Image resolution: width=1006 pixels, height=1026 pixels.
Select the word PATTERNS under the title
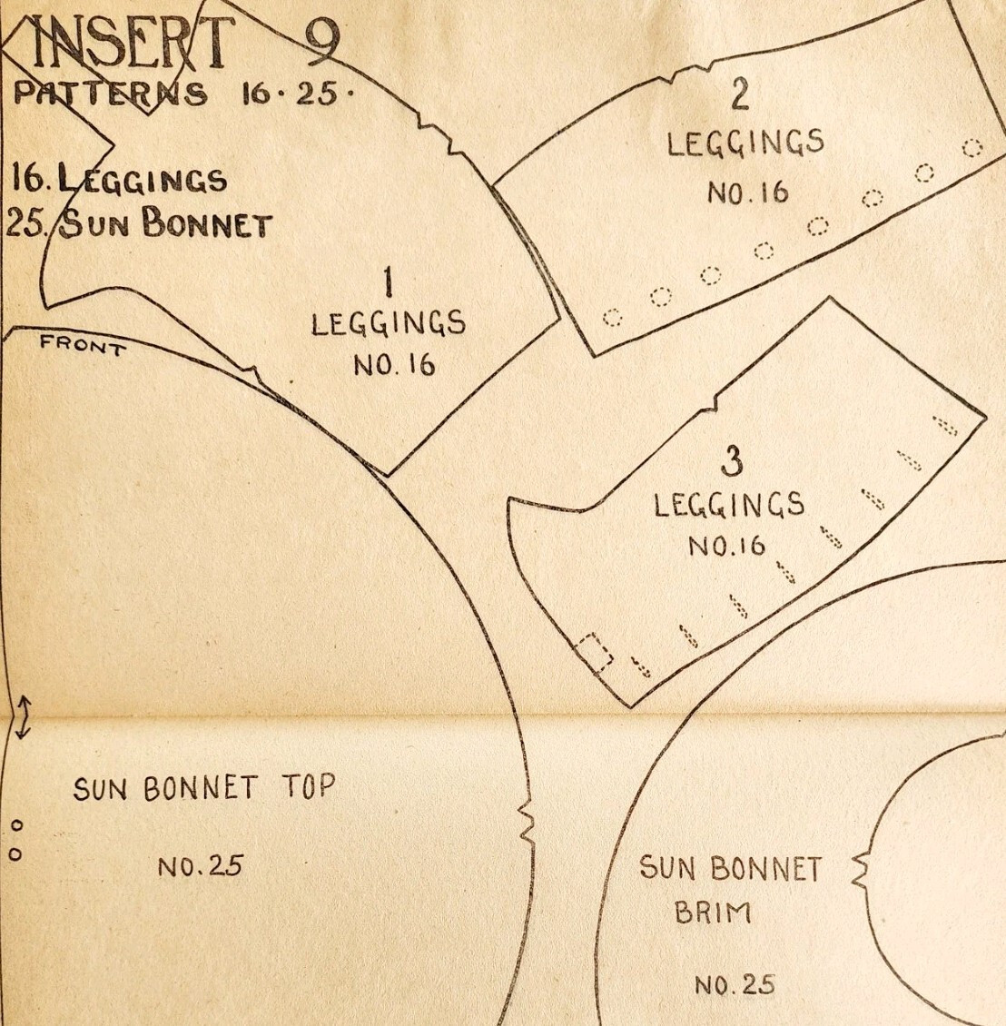[x=110, y=94]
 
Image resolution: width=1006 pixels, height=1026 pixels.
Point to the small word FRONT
[x=81, y=345]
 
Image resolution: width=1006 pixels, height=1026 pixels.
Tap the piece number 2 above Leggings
[x=741, y=94]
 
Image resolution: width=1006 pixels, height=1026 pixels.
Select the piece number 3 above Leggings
[x=730, y=461]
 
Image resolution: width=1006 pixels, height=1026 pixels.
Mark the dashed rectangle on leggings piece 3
[x=595, y=652]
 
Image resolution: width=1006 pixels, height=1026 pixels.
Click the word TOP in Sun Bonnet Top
[x=306, y=786]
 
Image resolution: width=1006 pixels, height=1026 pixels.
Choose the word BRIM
[x=714, y=912]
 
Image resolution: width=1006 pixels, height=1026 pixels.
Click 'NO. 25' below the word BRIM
[x=736, y=984]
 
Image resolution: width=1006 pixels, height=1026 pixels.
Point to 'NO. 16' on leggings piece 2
[x=748, y=192]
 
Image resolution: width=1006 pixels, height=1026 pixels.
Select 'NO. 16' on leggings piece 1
[x=394, y=365]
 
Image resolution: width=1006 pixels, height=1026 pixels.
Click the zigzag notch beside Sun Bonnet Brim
[x=861, y=870]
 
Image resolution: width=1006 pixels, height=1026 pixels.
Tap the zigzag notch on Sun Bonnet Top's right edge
[x=524, y=820]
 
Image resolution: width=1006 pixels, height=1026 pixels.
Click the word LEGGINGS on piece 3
[x=730, y=504]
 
